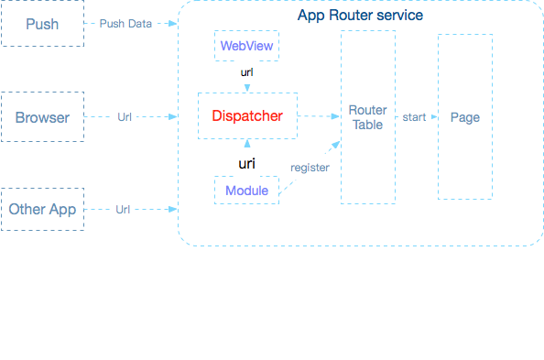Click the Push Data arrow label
[125, 24]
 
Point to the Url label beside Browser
[125, 117]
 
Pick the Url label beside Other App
[123, 210]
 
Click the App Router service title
[360, 16]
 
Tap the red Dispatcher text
[247, 116]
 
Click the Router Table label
[368, 117]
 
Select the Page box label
[465, 117]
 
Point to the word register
[310, 168]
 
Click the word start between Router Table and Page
[414, 117]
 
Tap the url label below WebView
[246, 72]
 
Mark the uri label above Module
[246, 163]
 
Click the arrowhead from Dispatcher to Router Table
[335, 116]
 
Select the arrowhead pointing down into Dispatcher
[247, 88]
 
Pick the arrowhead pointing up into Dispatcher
[247, 143]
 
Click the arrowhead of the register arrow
[336, 145]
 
